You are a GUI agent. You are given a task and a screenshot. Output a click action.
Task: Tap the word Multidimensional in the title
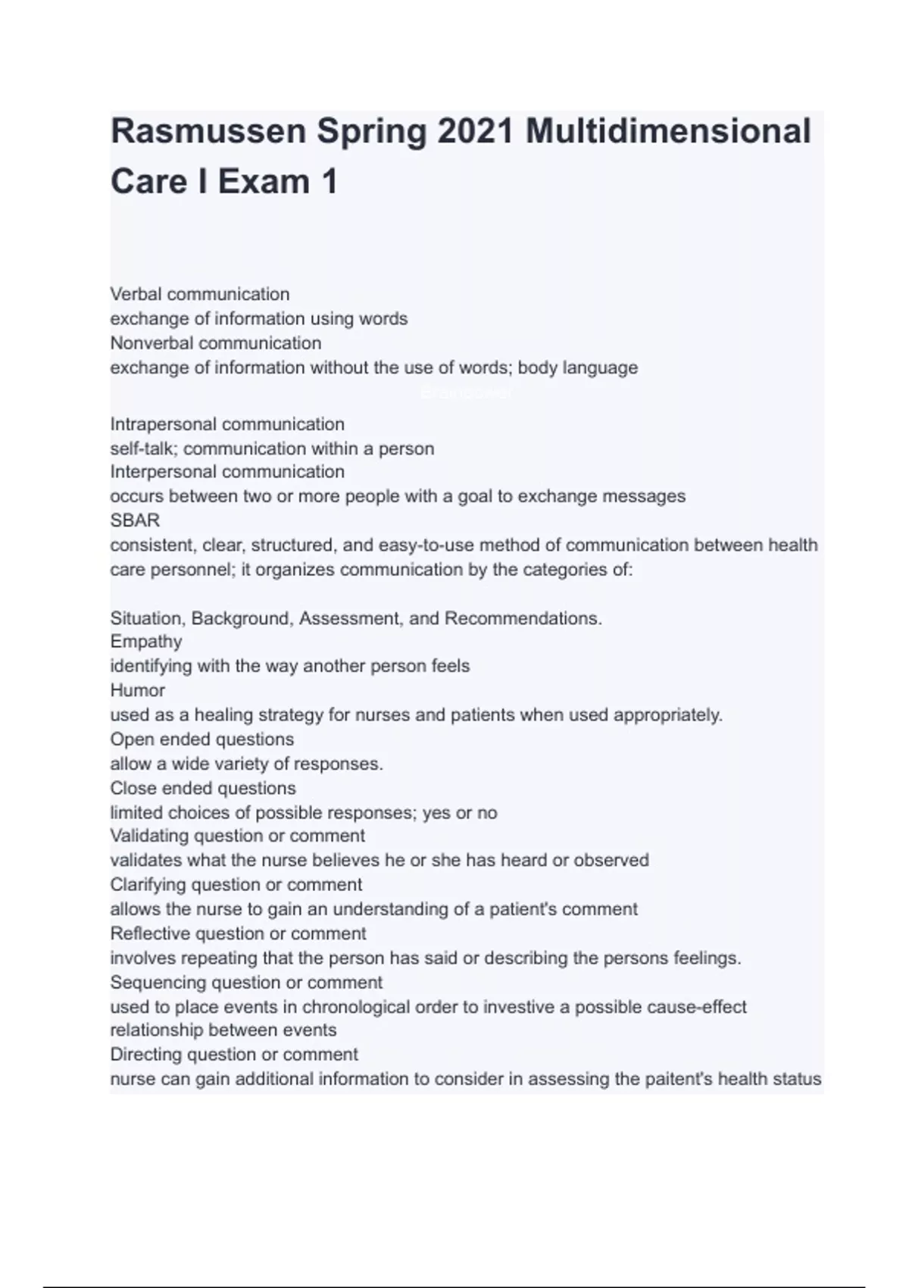coord(668,131)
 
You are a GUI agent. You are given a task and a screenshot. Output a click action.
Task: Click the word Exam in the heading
coord(264,182)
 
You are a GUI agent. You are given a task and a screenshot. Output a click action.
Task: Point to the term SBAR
coord(135,521)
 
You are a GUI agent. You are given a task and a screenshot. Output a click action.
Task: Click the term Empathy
coord(146,642)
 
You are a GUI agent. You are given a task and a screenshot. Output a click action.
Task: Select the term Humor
coord(137,690)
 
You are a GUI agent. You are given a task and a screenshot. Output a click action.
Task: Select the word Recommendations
coord(523,618)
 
